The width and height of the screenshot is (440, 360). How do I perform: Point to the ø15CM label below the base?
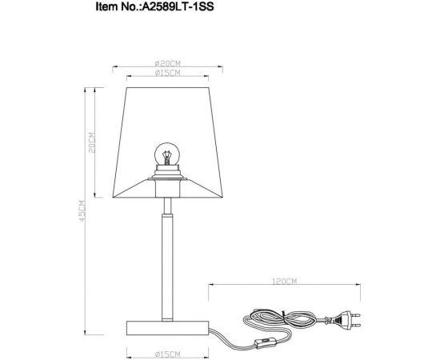(x=166, y=353)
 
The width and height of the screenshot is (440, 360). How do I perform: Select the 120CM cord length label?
(x=285, y=282)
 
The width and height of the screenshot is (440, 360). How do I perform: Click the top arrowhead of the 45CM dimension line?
(x=86, y=90)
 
